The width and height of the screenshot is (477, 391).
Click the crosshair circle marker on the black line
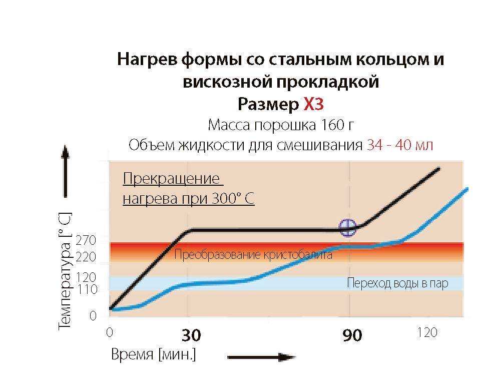[x=347, y=228]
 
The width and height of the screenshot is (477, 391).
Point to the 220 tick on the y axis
[x=86, y=257]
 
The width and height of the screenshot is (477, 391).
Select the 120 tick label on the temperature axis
[x=86, y=277]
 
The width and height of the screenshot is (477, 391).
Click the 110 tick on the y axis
[x=86, y=289]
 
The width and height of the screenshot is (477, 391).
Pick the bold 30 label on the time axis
[x=191, y=335]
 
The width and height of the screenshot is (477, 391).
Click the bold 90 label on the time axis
[x=352, y=335]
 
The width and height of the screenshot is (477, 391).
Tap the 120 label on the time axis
[x=426, y=333]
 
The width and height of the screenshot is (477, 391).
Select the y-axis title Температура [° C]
[x=65, y=271]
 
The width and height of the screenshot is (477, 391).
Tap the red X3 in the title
[x=314, y=104]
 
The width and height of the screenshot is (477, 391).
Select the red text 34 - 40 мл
[x=400, y=145]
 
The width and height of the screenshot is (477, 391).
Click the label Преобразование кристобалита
[x=253, y=255]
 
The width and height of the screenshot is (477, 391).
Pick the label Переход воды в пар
[x=397, y=284]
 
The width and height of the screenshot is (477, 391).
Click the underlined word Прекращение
[x=171, y=179]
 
